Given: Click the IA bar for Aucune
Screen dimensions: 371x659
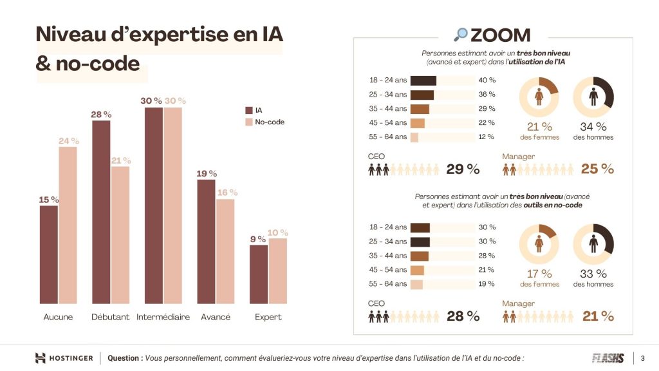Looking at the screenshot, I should (x=49, y=254).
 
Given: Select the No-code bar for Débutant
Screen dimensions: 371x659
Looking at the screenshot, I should (x=120, y=235).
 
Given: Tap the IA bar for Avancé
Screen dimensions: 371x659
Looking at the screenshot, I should (x=206, y=242).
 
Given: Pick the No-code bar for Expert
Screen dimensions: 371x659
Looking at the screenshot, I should (x=278, y=271).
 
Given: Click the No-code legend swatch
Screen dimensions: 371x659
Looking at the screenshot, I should (x=249, y=122).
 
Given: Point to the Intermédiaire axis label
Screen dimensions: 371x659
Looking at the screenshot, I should (x=163, y=317).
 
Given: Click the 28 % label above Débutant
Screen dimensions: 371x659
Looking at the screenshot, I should (x=101, y=115).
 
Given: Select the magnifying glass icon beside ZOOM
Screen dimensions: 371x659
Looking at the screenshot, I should (x=461, y=35).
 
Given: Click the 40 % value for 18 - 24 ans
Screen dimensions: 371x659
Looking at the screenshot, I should (x=487, y=81).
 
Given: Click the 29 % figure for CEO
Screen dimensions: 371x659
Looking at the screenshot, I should (x=463, y=169).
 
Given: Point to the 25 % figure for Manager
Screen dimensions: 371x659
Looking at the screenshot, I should (x=597, y=169).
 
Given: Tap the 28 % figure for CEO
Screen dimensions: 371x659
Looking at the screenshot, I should (x=463, y=316).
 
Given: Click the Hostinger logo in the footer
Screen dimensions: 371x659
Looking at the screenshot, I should (x=64, y=358).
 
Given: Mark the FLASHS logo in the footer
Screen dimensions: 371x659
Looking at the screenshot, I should (x=608, y=358).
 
